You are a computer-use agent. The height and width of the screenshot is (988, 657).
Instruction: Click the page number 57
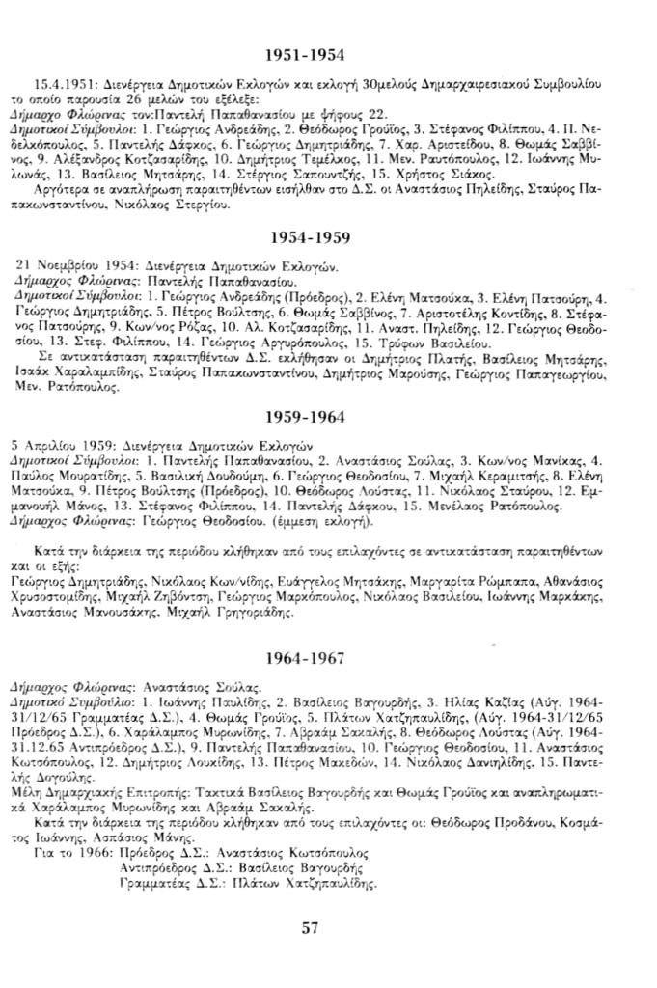click(x=311, y=928)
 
